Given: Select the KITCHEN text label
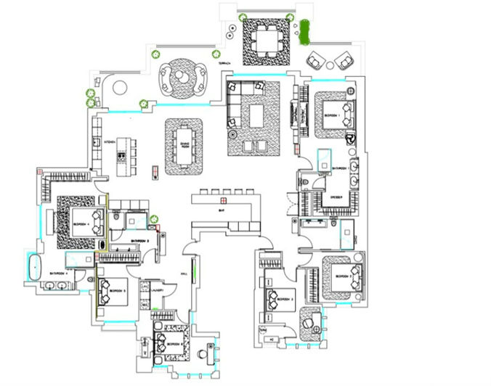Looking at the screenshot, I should tap(110, 141).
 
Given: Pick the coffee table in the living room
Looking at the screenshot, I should tap(256, 115).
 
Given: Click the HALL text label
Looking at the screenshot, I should tap(184, 274).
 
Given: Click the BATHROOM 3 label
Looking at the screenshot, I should tap(139, 240).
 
